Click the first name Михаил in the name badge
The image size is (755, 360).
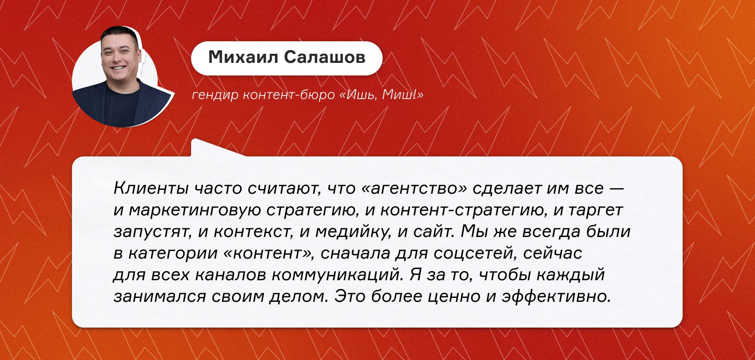coord(243,57)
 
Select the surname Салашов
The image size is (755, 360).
coord(325,57)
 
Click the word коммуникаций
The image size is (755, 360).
coord(338,275)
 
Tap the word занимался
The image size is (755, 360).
coord(160,297)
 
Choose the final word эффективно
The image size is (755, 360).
coord(556,296)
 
